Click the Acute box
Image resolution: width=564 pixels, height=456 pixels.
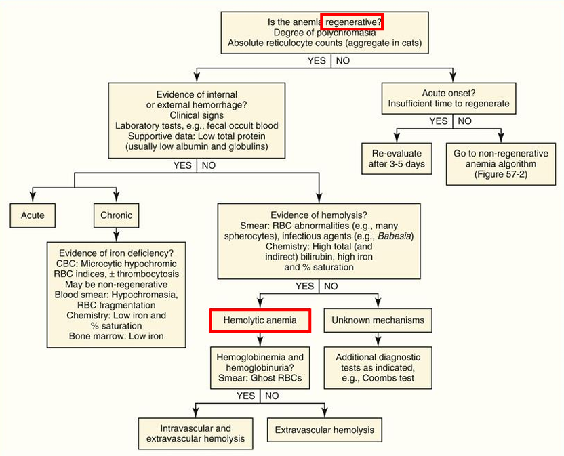click(33, 215)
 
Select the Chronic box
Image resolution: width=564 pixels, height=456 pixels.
click(117, 215)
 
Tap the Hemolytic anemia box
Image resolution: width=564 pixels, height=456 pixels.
click(260, 320)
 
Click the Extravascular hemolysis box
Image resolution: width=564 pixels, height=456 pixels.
click(325, 430)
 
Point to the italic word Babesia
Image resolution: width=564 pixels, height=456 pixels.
click(392, 236)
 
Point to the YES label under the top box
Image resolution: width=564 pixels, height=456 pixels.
click(317, 60)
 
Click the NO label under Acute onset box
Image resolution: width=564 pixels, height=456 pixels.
click(464, 121)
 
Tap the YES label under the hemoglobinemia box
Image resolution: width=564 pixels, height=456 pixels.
click(246, 395)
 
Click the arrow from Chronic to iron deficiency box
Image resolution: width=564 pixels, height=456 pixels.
click(117, 234)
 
